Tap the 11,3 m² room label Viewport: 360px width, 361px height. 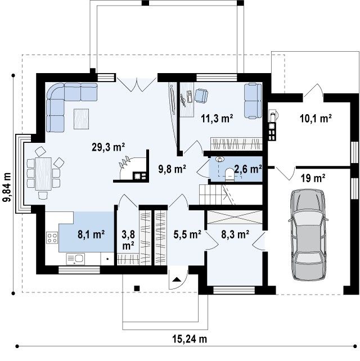tap(217, 118)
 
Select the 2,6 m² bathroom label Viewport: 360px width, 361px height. tap(248, 169)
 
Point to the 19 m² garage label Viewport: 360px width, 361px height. tap(313, 178)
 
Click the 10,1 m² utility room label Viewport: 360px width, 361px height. tap(316, 118)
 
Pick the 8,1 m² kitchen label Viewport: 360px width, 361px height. tap(91, 234)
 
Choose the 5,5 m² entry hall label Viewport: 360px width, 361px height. tap(187, 234)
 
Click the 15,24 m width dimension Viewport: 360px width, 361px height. tap(190, 339)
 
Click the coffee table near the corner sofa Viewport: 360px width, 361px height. tap(81, 119)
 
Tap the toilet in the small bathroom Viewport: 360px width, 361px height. tap(229, 174)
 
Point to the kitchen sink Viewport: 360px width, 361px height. tap(75, 259)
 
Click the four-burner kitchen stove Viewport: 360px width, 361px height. tap(52, 238)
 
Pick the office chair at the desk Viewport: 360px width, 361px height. tap(201, 96)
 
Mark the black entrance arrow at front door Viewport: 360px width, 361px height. tap(177, 279)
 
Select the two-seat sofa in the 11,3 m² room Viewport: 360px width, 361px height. tap(253, 101)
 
